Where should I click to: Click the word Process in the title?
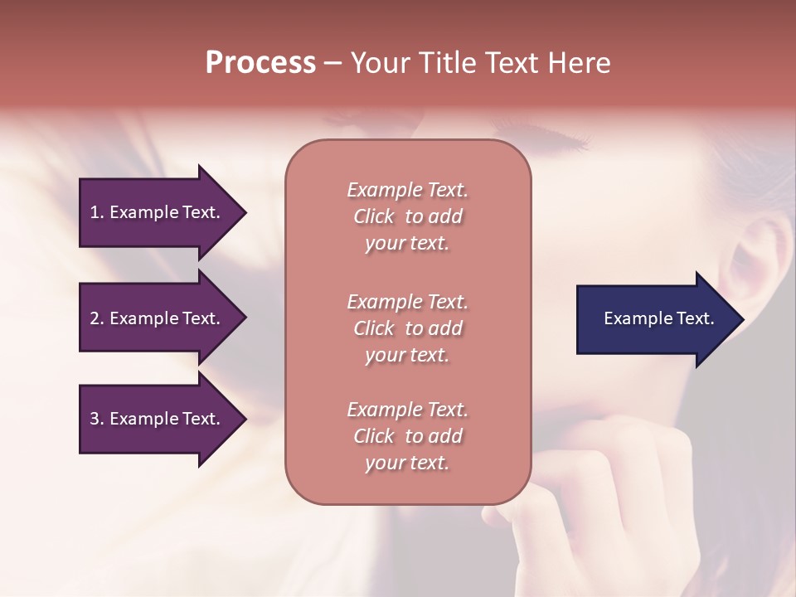[x=260, y=63]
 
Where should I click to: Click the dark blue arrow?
[x=655, y=319]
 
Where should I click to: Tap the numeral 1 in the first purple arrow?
[x=95, y=212]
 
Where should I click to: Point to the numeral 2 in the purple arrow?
[x=95, y=318]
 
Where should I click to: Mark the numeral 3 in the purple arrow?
[x=95, y=419]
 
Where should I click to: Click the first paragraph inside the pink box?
[x=407, y=216]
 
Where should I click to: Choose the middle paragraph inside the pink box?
[x=407, y=328]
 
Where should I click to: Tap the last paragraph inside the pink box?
[x=407, y=436]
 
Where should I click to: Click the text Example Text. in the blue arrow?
[x=659, y=318]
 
